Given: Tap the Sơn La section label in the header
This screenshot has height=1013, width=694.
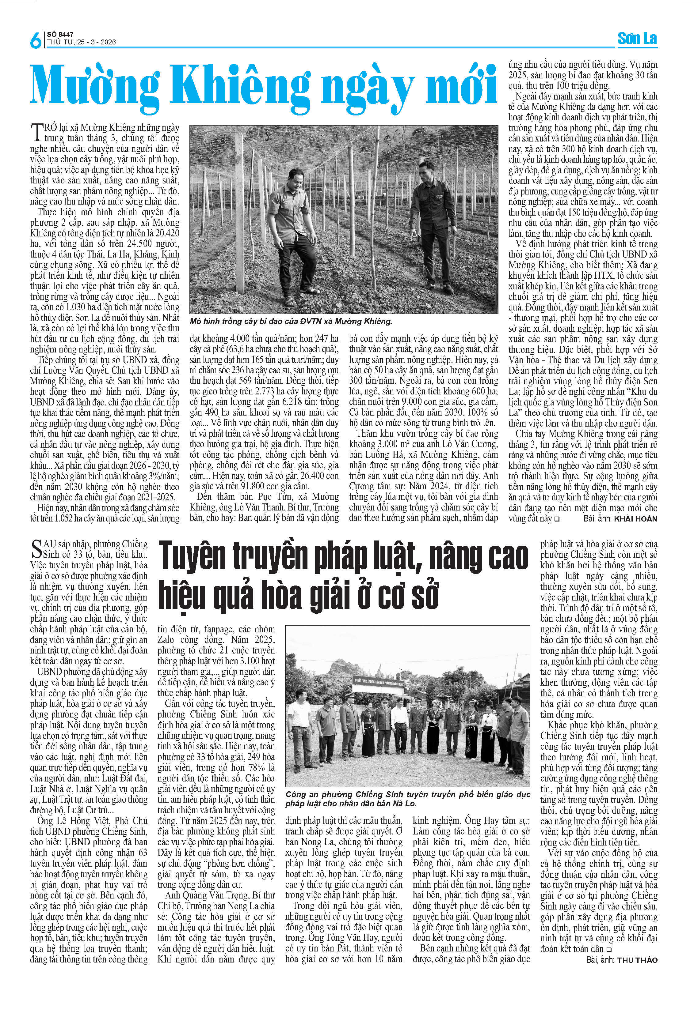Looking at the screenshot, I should click(637, 39).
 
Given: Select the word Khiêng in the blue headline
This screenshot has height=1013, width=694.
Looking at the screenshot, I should click(239, 85).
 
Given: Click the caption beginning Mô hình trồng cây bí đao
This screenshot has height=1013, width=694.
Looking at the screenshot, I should click(291, 321).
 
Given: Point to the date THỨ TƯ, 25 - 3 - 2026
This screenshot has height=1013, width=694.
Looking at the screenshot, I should click(82, 42).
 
